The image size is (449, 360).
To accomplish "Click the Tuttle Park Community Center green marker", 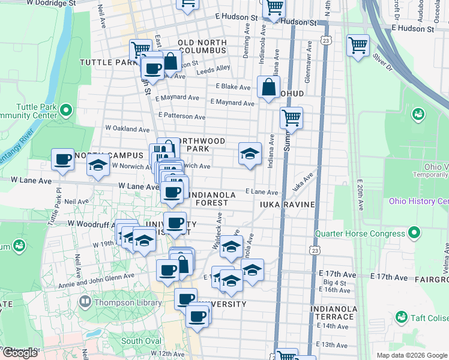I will pos(66,110).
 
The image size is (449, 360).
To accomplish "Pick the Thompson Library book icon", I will pos(85,302).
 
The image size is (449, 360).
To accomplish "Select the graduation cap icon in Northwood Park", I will pos(250,154).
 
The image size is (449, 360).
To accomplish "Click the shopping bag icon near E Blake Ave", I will pos(268,86).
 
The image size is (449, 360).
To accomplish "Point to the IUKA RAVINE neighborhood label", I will pos(287,205).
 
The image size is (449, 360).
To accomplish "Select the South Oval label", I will pos(141,341).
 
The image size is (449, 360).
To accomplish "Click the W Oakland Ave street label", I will pos(127,129).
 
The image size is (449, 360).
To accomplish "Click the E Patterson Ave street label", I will pos(181,116).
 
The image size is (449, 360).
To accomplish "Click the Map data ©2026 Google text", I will pos(412,355).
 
